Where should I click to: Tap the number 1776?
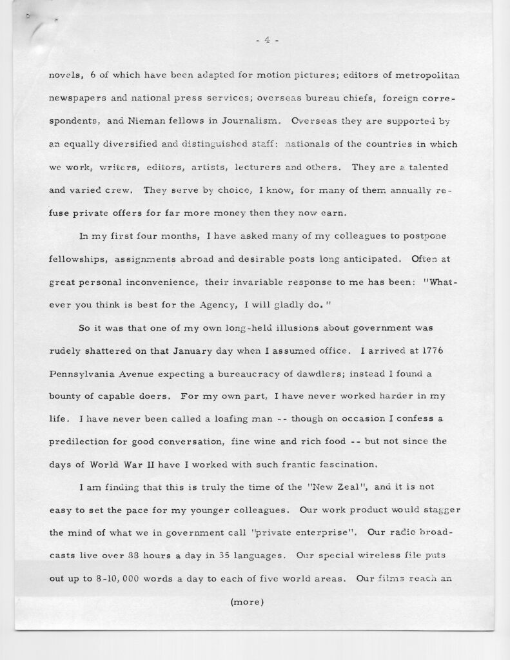445,351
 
